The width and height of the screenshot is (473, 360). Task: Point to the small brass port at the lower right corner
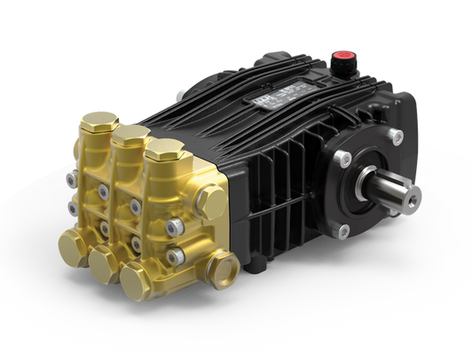[223, 263]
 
